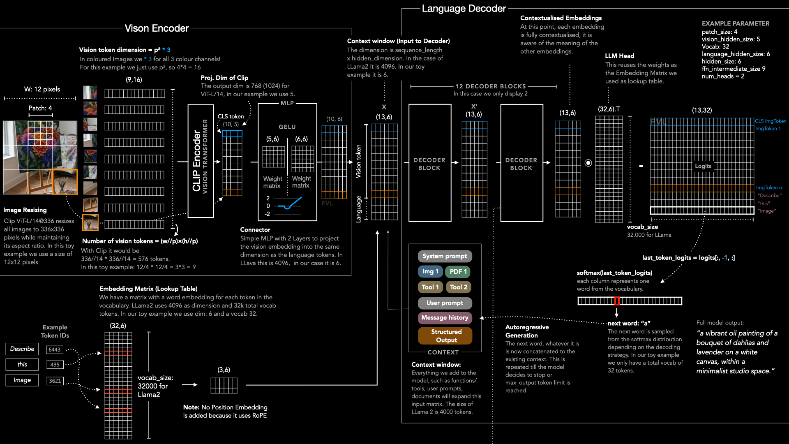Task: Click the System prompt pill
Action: click(445, 256)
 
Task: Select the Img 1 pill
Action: click(430, 271)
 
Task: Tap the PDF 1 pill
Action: click(458, 272)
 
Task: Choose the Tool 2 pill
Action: click(459, 287)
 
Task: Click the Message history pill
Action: click(445, 318)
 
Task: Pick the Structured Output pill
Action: click(445, 336)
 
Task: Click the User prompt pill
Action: click(445, 303)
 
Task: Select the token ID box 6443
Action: click(55, 349)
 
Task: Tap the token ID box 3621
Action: click(55, 381)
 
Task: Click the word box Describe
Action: click(22, 349)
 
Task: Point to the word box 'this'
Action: click(22, 365)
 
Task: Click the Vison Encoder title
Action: click(157, 28)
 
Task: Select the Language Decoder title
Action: click(464, 9)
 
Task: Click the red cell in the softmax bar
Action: click(617, 301)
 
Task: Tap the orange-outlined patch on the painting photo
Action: click(65, 182)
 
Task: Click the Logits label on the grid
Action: click(703, 166)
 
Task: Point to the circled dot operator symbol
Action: click(588, 163)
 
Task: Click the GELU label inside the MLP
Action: click(287, 127)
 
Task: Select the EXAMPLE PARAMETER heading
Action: click(736, 24)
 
